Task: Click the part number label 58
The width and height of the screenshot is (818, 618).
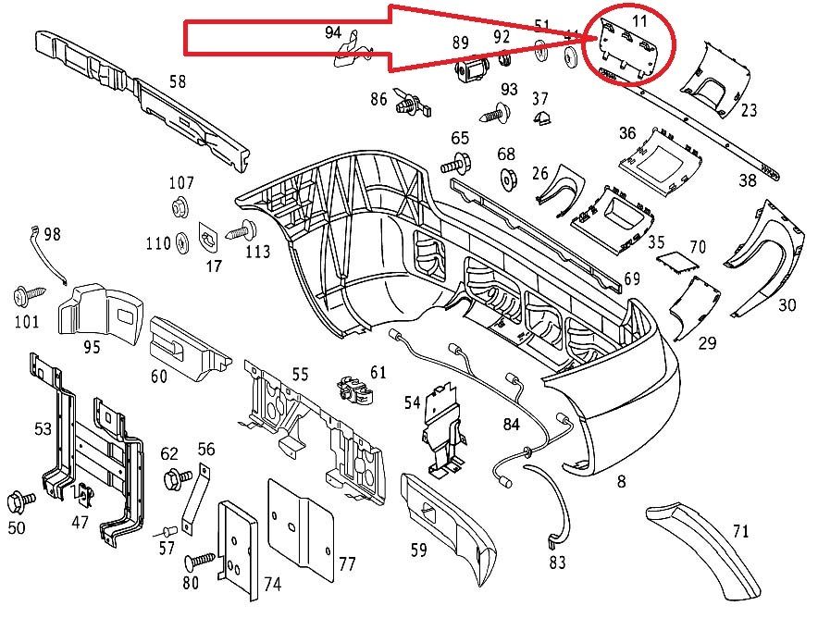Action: coord(177,81)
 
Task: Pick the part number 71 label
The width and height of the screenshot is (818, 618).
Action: coord(740,531)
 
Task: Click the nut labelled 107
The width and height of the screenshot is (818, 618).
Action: coord(180,205)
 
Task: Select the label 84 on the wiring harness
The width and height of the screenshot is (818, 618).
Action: coord(511,425)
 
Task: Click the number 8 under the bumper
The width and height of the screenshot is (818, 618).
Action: coord(621,480)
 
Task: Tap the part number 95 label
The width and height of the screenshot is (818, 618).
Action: coord(92,348)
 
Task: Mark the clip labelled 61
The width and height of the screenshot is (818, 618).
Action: coord(356,391)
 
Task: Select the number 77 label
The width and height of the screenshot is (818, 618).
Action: coord(347,563)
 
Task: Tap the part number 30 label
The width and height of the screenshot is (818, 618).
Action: coord(787,304)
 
